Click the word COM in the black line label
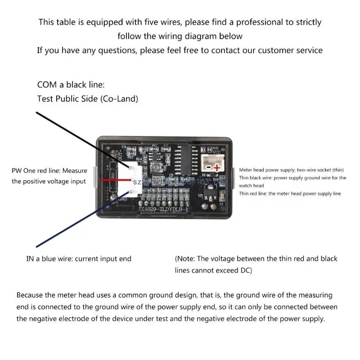pyautogui.click(x=47, y=85)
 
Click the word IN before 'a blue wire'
pyautogui.click(x=30, y=259)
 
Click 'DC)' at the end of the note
pyautogui.click(x=245, y=270)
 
